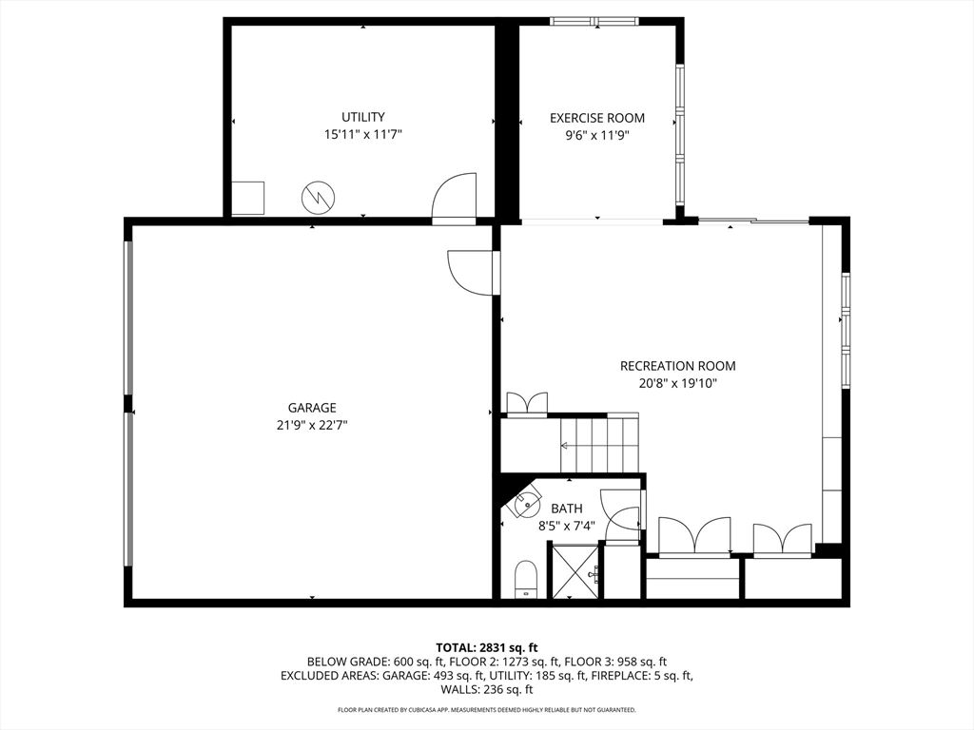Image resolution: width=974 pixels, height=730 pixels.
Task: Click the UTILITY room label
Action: (363, 117)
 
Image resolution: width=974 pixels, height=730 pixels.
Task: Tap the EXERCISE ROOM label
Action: (596, 118)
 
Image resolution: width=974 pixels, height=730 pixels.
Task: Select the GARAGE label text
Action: (312, 408)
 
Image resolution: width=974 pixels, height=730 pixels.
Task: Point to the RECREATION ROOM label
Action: (677, 366)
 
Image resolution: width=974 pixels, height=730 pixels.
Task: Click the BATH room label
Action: (567, 509)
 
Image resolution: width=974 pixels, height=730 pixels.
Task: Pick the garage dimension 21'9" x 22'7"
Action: (312, 426)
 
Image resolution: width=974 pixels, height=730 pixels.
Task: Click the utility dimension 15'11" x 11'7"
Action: (363, 135)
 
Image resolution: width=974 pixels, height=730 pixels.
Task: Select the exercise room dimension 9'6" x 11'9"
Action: (596, 135)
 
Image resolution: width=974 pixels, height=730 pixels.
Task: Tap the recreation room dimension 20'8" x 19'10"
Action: (677, 384)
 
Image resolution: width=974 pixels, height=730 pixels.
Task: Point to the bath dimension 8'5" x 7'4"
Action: (567, 525)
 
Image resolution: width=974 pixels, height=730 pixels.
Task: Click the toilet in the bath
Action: (526, 579)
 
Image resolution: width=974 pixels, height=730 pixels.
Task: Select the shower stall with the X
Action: (574, 570)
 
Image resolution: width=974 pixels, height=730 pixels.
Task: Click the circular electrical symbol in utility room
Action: (318, 198)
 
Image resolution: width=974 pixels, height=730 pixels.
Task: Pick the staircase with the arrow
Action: (590, 443)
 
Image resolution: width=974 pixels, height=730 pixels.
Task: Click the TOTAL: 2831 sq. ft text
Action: (486, 647)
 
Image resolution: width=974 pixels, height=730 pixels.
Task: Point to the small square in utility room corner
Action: (248, 198)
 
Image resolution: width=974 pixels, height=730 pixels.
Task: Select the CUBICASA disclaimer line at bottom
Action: (486, 710)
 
